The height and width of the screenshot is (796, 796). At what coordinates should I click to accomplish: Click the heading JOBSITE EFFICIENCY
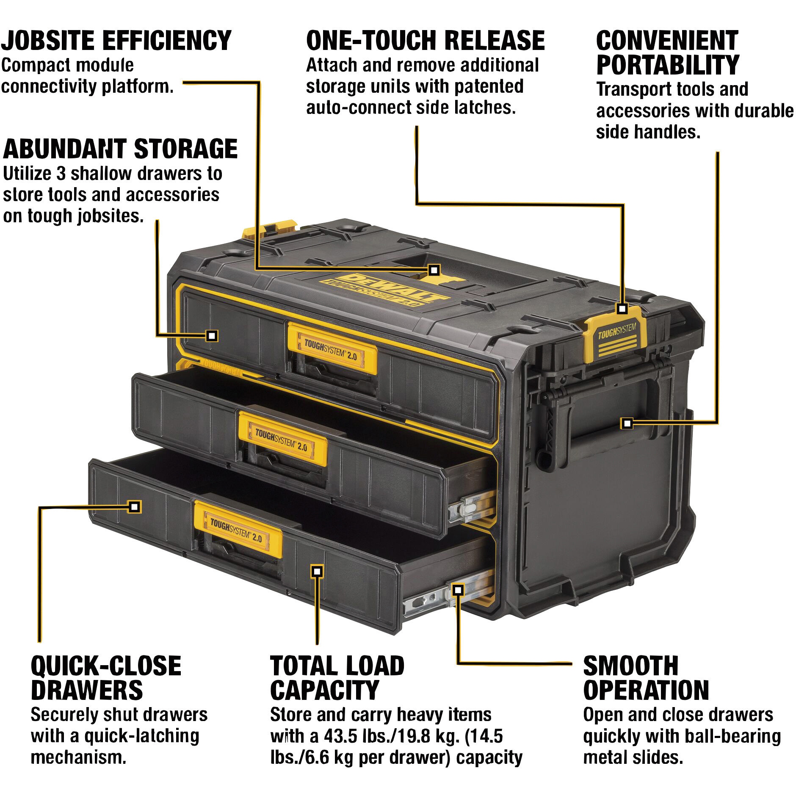(116, 41)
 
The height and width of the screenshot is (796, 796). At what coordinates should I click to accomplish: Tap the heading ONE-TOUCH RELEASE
(425, 41)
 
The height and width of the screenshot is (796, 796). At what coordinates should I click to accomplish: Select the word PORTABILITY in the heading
(667, 65)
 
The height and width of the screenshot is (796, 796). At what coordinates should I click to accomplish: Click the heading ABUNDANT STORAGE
(120, 149)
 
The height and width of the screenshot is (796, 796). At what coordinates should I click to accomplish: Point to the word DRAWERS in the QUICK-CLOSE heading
(87, 690)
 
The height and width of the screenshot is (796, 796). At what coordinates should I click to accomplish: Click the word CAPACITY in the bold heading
(324, 690)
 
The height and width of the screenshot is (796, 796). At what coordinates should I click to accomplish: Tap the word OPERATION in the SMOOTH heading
(646, 690)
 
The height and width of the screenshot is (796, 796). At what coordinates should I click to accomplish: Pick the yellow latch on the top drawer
(332, 348)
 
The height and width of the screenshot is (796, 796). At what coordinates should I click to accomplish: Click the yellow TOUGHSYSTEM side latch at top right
(616, 334)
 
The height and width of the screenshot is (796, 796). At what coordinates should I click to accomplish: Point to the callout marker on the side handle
(627, 423)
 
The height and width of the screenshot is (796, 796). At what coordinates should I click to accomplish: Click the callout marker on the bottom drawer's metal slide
(458, 589)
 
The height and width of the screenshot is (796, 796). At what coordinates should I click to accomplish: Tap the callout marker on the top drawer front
(212, 336)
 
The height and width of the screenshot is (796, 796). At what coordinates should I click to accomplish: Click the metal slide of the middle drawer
(472, 507)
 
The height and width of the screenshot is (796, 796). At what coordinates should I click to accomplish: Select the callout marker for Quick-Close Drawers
(134, 506)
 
